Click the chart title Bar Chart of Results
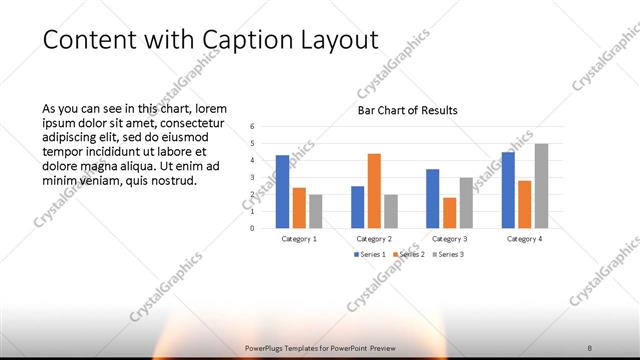(x=408, y=110)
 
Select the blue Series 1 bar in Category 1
(x=283, y=191)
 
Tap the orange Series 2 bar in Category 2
(x=374, y=190)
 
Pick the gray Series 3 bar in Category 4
(x=541, y=186)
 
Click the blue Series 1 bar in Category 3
(x=433, y=198)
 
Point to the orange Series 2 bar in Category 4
(x=524, y=204)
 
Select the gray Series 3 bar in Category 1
(x=316, y=211)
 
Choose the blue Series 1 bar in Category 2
(x=358, y=207)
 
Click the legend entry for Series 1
(x=370, y=255)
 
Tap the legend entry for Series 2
(x=410, y=255)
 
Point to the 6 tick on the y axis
(x=253, y=127)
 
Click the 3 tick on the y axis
(x=253, y=177)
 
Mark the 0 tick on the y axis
(x=253, y=228)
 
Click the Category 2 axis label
(x=374, y=239)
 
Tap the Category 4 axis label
(x=524, y=239)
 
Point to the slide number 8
(x=590, y=347)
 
